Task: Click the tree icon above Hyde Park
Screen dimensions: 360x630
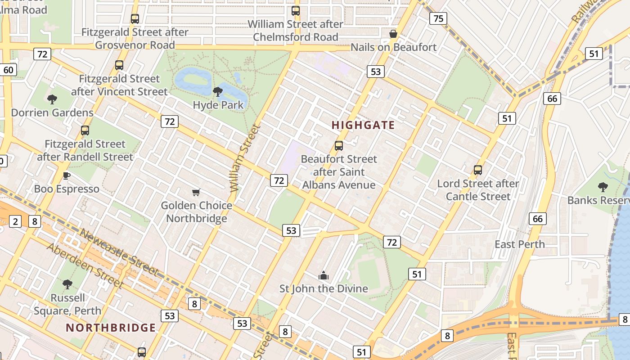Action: (x=218, y=92)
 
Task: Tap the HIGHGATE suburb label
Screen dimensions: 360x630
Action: (x=363, y=125)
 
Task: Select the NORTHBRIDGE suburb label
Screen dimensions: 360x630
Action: (x=111, y=328)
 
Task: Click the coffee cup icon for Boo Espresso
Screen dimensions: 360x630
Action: (x=67, y=175)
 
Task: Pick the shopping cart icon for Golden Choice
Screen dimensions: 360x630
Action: (x=196, y=193)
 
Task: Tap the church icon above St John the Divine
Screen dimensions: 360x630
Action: (x=324, y=275)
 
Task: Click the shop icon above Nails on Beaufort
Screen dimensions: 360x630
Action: (x=393, y=34)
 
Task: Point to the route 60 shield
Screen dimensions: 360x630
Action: (x=9, y=70)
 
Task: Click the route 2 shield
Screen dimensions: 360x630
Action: (x=16, y=221)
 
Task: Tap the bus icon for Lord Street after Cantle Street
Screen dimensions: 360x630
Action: (x=478, y=170)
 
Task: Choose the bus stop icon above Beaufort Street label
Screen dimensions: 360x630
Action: (x=339, y=146)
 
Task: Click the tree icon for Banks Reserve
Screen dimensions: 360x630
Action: (x=603, y=187)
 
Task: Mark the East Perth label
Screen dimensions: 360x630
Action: (x=520, y=244)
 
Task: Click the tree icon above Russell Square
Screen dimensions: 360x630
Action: (x=67, y=284)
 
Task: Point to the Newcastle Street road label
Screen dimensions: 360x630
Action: (x=119, y=252)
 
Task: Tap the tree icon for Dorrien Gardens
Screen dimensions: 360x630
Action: (x=52, y=99)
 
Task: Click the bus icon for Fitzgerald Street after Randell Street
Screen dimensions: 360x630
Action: (x=85, y=130)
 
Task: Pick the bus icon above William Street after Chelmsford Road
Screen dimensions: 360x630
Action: (x=296, y=11)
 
